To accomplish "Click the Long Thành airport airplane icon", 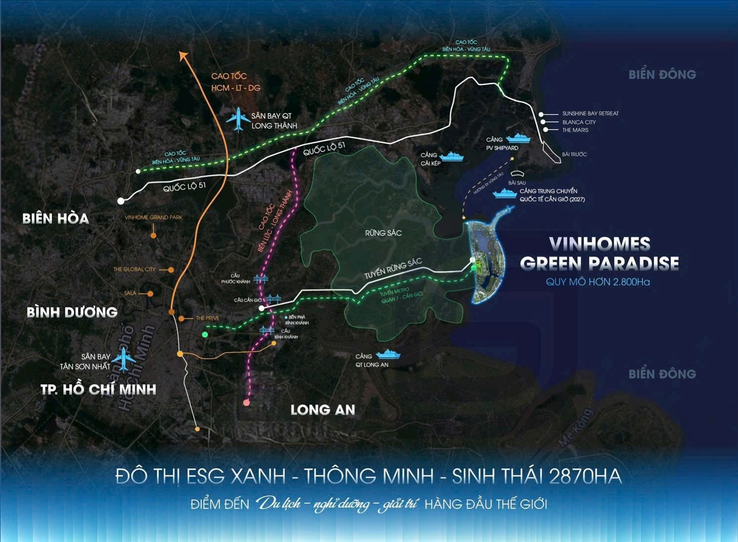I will tap(239, 119).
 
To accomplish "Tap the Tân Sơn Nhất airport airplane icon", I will tap(123, 359).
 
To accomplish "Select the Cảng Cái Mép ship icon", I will tap(452, 157).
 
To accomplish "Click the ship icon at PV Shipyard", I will tap(518, 138).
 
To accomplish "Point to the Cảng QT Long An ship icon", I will tap(389, 354).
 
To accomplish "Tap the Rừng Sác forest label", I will tap(383, 233).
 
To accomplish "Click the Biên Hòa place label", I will tap(55, 218).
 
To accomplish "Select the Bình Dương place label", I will tap(72, 312).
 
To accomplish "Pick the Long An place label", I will tap(323, 410).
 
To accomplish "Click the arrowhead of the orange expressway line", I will tap(183, 55).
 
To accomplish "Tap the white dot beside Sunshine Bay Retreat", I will tap(541, 114).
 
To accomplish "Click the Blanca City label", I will tap(579, 122).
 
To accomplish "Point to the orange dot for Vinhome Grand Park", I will tap(153, 236).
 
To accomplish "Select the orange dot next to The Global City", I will tap(171, 270).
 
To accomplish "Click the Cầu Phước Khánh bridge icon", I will tap(260, 280).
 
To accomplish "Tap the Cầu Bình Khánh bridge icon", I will tap(266, 330).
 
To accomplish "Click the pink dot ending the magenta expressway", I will tap(247, 403).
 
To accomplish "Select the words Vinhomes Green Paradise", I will tap(599, 253).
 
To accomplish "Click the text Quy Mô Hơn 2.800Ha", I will tap(598, 282).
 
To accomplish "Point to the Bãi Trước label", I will tap(574, 155).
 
